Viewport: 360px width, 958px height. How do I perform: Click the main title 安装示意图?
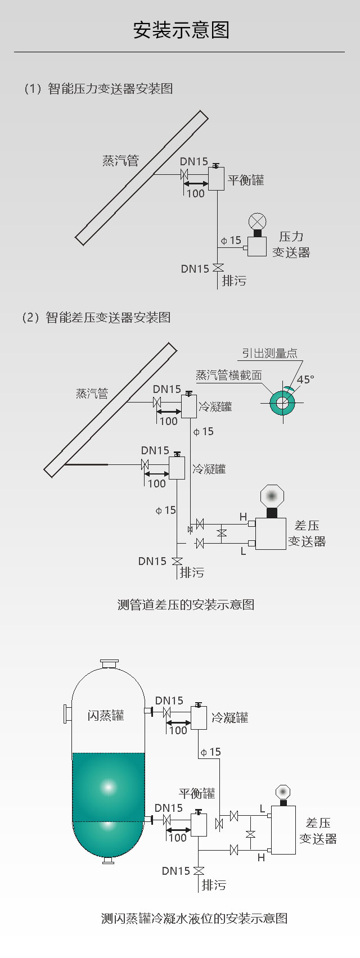click(x=181, y=30)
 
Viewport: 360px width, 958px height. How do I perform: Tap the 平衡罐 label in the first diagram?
click(x=246, y=180)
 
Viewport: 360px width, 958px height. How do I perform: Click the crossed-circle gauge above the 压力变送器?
click(x=258, y=221)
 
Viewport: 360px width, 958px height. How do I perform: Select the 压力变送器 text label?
click(x=291, y=245)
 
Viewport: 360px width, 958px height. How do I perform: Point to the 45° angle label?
click(x=305, y=379)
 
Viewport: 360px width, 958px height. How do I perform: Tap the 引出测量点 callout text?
click(x=269, y=353)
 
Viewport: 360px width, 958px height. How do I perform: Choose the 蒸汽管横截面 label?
click(x=228, y=375)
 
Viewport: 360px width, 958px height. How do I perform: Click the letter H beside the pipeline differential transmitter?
click(x=243, y=517)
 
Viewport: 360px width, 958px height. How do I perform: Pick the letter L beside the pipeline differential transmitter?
click(x=243, y=551)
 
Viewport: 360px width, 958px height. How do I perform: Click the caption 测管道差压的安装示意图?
click(x=186, y=604)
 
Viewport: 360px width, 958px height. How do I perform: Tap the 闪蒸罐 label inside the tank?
click(x=106, y=716)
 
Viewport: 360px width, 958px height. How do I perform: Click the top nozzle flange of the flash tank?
click(x=109, y=664)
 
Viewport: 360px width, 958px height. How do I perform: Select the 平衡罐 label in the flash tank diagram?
click(x=197, y=793)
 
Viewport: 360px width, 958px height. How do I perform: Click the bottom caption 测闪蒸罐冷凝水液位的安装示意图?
click(x=194, y=918)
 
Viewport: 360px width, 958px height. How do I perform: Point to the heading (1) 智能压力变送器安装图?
click(x=97, y=89)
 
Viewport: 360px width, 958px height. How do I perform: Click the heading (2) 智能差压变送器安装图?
click(x=96, y=318)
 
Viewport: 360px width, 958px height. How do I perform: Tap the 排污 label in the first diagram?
click(x=234, y=281)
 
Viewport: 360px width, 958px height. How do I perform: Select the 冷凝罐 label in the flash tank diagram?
click(x=229, y=717)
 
